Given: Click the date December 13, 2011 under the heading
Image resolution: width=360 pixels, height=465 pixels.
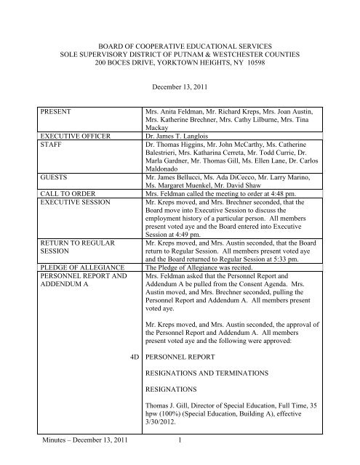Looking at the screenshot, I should (x=180, y=86).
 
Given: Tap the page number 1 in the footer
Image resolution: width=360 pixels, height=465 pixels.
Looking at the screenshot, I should (x=180, y=458).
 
